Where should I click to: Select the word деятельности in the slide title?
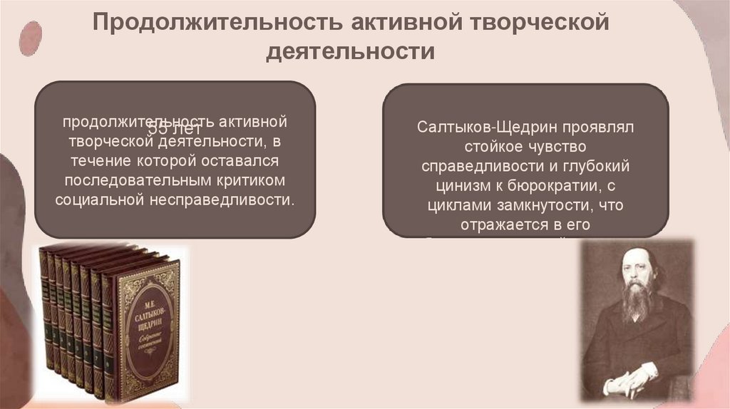pyautogui.click(x=350, y=52)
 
